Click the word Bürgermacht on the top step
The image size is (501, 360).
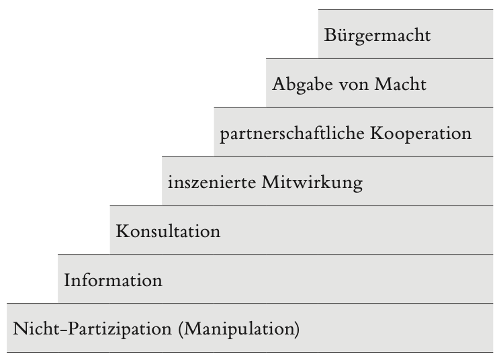(377, 36)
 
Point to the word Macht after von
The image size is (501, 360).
(400, 85)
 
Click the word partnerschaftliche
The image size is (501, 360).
(292, 134)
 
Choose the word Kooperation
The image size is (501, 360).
(421, 134)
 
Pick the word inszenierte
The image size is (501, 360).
(212, 183)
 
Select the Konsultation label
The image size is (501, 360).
(168, 231)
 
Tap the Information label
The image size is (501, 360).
(113, 280)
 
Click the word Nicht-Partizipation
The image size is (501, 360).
(92, 329)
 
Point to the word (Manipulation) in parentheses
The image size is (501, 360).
(239, 329)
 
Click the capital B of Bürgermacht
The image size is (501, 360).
(330, 36)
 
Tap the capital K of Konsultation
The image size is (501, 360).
(123, 231)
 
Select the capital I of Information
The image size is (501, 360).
(67, 280)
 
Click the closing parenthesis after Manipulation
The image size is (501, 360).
(297, 329)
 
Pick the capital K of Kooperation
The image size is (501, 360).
(377, 133)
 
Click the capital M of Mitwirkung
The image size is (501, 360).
(271, 183)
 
